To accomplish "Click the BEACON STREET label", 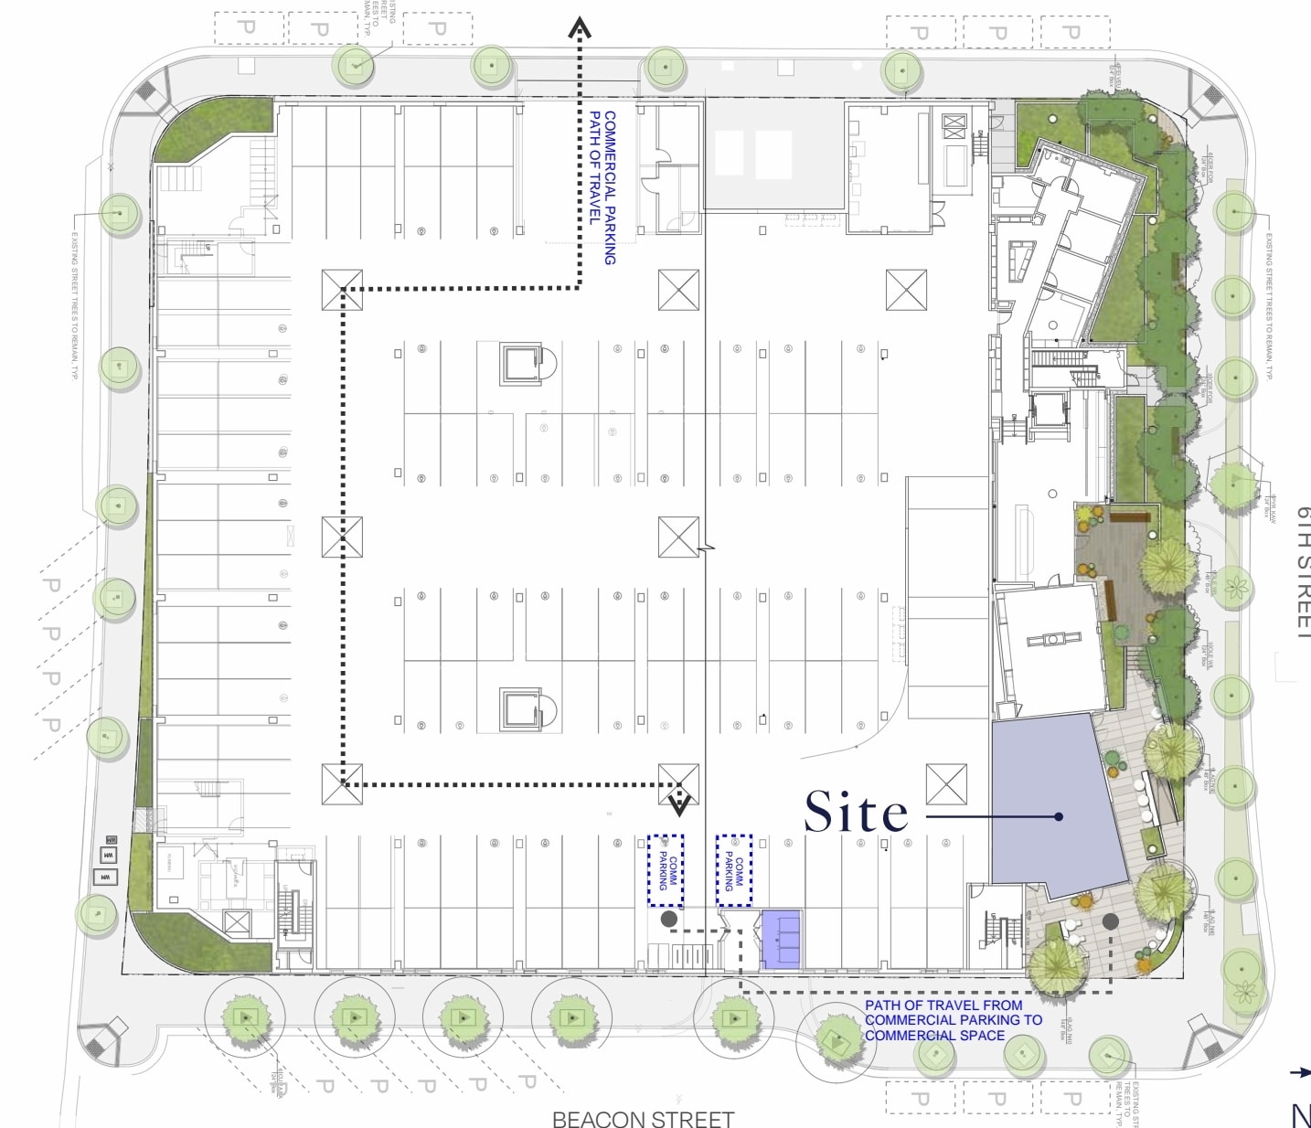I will click(x=643, y=1118).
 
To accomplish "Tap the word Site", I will click(x=856, y=813).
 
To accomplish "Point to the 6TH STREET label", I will click(x=1303, y=571).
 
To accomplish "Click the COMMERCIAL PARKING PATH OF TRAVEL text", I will click(x=602, y=187).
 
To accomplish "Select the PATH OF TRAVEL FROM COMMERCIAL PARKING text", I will click(x=953, y=1020).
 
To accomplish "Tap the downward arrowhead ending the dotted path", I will click(x=678, y=804).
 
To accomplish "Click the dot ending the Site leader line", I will click(x=1059, y=816).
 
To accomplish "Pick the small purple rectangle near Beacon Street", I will click(x=781, y=939).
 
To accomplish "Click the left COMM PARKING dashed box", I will click(x=666, y=869).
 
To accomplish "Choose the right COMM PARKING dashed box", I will click(x=733, y=869).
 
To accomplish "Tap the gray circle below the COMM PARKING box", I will click(x=669, y=919).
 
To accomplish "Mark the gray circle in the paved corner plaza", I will click(x=1111, y=920).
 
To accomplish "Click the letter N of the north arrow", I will click(x=1301, y=1115).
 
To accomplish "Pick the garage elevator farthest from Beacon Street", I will click(x=522, y=364).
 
